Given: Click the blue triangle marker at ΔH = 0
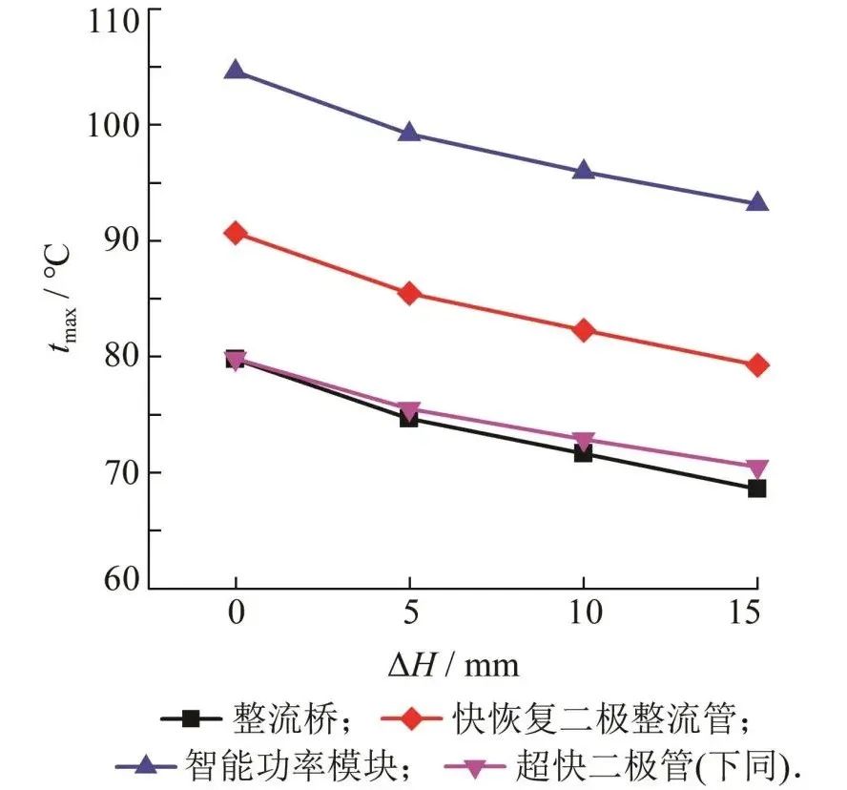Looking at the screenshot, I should (236, 72).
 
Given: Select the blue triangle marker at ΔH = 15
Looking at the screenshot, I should (757, 202).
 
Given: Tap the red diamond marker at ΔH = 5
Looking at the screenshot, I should (409, 293).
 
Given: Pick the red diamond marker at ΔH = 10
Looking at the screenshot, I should (583, 330).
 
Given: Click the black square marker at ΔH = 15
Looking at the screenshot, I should (757, 489).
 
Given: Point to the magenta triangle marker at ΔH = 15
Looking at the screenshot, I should (757, 468).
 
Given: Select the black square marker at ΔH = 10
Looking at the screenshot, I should (583, 453).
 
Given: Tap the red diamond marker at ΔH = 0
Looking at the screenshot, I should (236, 233).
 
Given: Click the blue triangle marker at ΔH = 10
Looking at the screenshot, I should (583, 171).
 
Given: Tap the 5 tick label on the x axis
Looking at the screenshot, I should (409, 614).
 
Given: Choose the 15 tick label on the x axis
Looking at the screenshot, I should (754, 614).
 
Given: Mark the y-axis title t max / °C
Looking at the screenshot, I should (64, 301).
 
